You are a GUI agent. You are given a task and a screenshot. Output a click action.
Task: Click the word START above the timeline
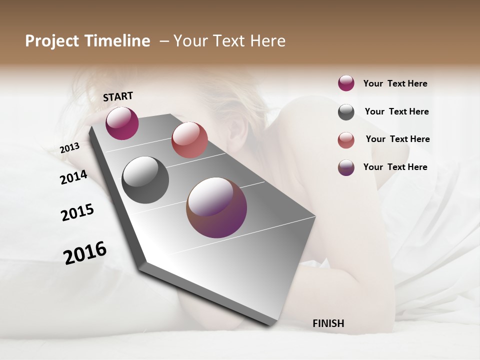(x=118, y=96)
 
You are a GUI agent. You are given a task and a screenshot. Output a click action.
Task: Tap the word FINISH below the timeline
(x=328, y=323)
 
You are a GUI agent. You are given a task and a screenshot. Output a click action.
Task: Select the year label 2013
(x=69, y=148)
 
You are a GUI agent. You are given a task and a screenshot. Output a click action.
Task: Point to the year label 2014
(x=73, y=177)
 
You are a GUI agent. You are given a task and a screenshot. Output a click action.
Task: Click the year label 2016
(x=85, y=253)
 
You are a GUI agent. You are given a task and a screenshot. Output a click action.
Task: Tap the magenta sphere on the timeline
(x=122, y=123)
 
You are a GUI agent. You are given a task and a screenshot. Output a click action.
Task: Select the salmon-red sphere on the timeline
(x=189, y=140)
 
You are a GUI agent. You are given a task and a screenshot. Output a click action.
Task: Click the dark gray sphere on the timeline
(x=145, y=180)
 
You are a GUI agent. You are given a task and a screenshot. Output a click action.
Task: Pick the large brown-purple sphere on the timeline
(x=216, y=207)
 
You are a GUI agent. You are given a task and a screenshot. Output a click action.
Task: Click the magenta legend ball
(x=346, y=83)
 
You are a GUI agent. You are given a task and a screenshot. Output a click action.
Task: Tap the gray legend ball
(x=346, y=112)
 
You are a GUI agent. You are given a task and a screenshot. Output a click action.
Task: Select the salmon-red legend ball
(x=346, y=140)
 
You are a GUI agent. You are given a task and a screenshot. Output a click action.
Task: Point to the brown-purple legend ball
(x=346, y=167)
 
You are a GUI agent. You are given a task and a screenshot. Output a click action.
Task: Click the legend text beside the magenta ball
(x=395, y=84)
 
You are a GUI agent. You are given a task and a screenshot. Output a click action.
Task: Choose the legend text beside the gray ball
(x=396, y=111)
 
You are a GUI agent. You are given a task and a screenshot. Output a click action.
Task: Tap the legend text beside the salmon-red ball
(x=397, y=139)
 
